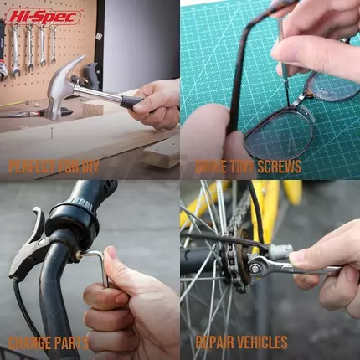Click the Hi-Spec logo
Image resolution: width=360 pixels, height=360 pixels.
[x=44, y=17]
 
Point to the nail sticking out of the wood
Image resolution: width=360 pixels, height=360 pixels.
[x=51, y=133]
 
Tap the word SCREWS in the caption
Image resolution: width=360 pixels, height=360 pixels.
[x=279, y=167]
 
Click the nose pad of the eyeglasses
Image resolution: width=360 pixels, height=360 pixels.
[x=306, y=113]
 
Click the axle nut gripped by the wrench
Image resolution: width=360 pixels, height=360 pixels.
[x=255, y=269]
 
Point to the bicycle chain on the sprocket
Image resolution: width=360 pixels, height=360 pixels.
[x=233, y=251]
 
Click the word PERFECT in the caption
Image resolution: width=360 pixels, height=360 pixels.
[x=32, y=167]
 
